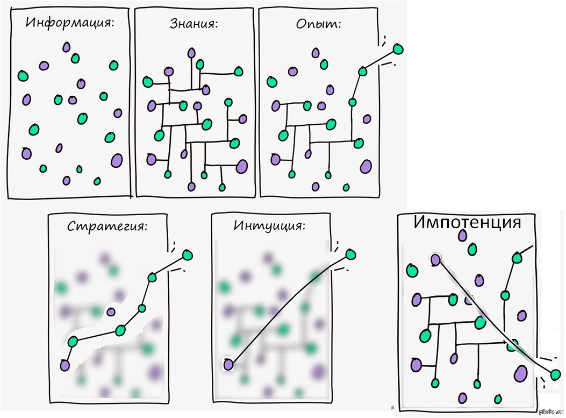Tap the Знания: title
tap(193, 24)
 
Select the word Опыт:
tap(319, 24)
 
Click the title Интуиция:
tap(269, 225)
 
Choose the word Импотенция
tap(467, 222)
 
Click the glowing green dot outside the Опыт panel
tap(398, 49)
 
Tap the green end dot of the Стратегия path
tap(187, 254)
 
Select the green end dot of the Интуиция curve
tap(350, 254)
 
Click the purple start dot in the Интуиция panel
tap(228, 364)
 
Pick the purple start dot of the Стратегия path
tap(65, 365)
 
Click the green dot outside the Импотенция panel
tap(555, 374)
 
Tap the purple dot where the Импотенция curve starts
tap(435, 260)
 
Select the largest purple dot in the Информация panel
tap(117, 160)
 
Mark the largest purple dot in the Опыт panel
tap(366, 166)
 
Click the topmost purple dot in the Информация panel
tap(66, 47)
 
